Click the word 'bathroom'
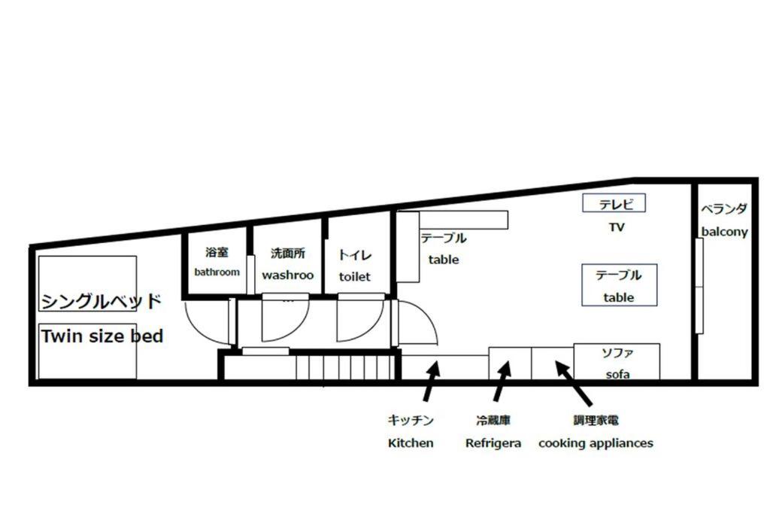pyautogui.click(x=217, y=272)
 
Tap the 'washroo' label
pyautogui.click(x=288, y=275)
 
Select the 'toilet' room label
pyautogui.click(x=355, y=277)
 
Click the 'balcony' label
pyautogui.click(x=724, y=232)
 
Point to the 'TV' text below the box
pyautogui.click(x=617, y=227)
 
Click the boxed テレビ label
pyautogui.click(x=614, y=203)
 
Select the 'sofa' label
pyautogui.click(x=618, y=375)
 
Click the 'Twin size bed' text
pyautogui.click(x=102, y=336)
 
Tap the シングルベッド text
pyautogui.click(x=102, y=301)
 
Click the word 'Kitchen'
pyautogui.click(x=411, y=443)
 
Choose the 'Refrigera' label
pyautogui.click(x=493, y=443)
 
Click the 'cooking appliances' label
pyautogui.click(x=596, y=443)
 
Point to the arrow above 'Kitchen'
pyautogui.click(x=431, y=382)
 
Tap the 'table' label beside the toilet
pyautogui.click(x=444, y=260)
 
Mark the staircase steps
pyautogui.click(x=345, y=367)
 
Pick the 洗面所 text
pyautogui.click(x=288, y=253)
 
